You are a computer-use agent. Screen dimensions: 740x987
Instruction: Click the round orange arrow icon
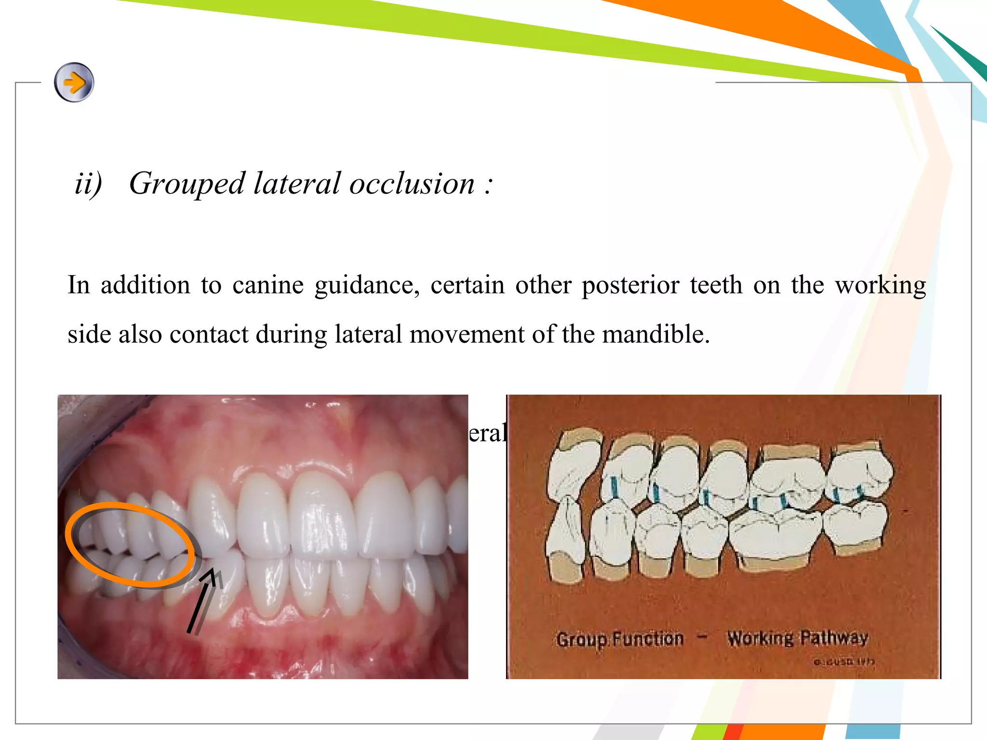(74, 82)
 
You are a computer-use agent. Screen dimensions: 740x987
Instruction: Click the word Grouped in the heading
(187, 184)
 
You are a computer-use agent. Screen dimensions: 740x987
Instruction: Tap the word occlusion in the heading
(412, 184)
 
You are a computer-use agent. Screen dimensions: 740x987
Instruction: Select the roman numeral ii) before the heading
(88, 184)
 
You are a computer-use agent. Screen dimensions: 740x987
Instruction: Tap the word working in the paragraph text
(880, 285)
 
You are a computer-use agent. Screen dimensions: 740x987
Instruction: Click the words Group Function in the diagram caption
(620, 639)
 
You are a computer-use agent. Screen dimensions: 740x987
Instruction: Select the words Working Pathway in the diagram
(798, 638)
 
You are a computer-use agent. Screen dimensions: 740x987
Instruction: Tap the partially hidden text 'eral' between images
(487, 433)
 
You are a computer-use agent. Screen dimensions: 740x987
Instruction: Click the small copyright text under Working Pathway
(843, 662)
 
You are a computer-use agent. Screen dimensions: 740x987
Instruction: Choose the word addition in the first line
(145, 285)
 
